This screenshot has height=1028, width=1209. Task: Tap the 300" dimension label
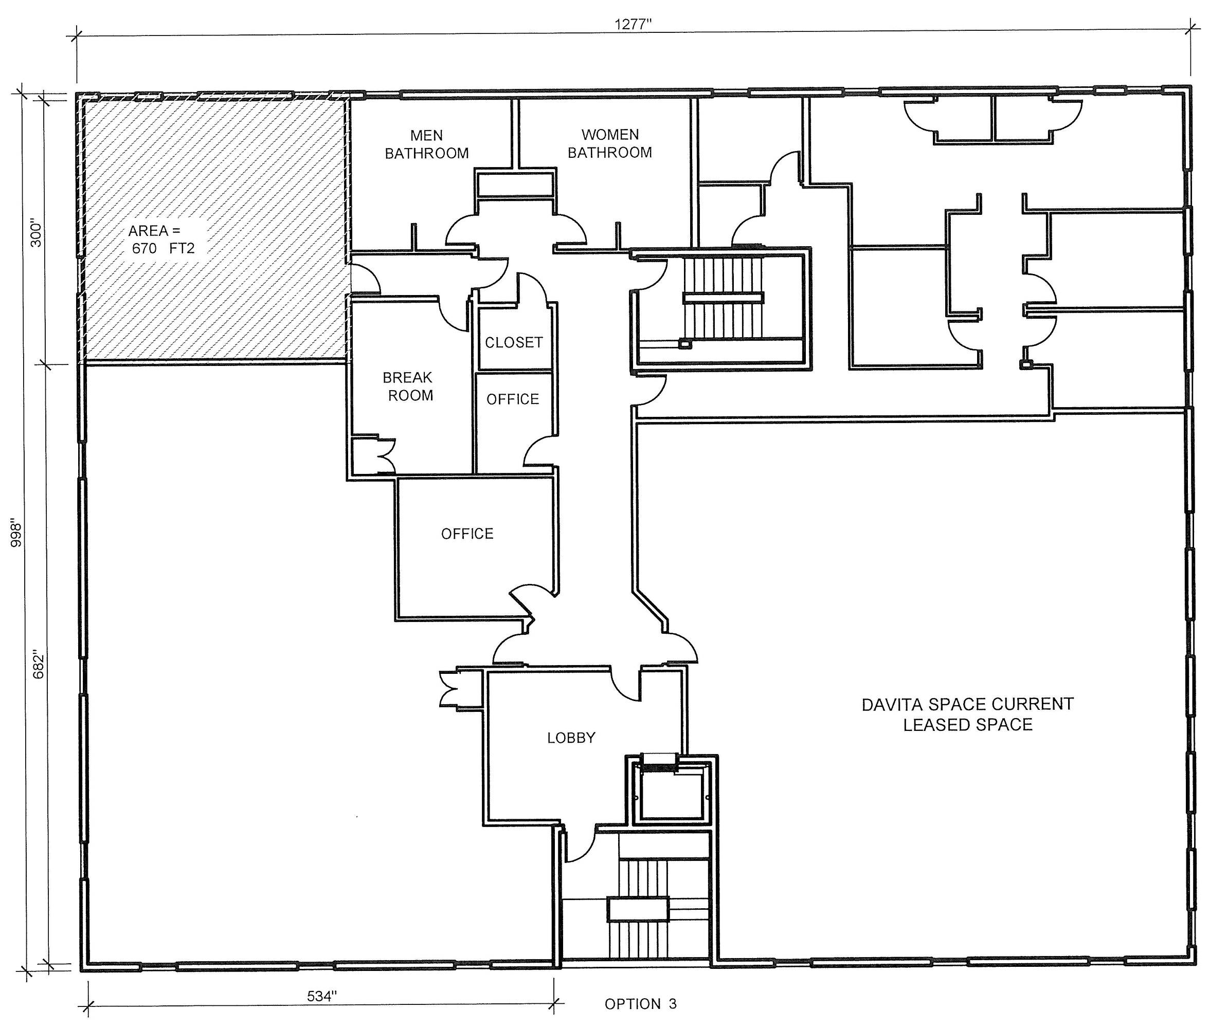[x=36, y=233]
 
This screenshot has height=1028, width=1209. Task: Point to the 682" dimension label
[x=39, y=665]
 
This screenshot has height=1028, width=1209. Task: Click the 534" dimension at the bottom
[x=322, y=996]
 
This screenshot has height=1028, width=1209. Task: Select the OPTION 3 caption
[x=641, y=1003]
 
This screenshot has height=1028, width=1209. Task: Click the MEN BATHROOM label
[x=427, y=144]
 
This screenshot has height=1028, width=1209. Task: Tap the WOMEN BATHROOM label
[x=610, y=143]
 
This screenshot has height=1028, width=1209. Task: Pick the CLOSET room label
[x=514, y=342]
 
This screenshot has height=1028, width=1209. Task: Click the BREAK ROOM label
[x=408, y=387]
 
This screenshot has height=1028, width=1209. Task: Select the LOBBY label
[x=571, y=738]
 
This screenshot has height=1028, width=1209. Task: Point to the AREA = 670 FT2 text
[x=161, y=240]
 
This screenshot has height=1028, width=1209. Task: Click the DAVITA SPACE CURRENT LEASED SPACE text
[x=968, y=714]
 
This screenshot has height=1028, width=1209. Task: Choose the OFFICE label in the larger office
[x=467, y=534]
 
